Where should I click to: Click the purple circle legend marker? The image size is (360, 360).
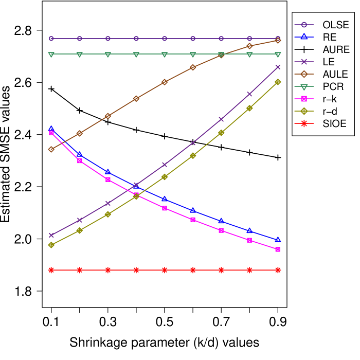tap(304, 25)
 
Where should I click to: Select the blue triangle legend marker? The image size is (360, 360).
tap(304, 37)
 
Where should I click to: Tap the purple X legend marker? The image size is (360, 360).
tap(304, 62)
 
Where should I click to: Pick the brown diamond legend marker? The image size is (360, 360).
tap(304, 74)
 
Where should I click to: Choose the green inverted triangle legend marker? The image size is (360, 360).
tap(304, 87)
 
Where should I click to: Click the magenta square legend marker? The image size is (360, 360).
tap(304, 99)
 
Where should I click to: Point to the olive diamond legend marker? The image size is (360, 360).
tap(304, 111)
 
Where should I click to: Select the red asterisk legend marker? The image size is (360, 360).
tap(304, 123)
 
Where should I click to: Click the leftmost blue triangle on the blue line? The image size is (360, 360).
tap(51, 128)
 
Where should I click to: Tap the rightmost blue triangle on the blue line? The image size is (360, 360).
tap(278, 240)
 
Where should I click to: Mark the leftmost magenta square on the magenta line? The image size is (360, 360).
tap(51, 133)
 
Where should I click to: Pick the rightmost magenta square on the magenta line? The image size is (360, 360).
tap(278, 249)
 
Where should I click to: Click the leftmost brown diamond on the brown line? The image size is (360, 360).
tap(51, 149)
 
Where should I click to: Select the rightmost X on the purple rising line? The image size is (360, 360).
tap(278, 67)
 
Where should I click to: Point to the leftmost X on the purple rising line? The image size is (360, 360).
tap(51, 235)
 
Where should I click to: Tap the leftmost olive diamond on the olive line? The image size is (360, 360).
tap(51, 245)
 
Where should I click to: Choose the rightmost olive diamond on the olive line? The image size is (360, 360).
tap(278, 82)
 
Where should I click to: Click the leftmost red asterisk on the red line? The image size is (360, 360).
tap(51, 270)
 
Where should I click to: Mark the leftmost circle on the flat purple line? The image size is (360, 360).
tap(51, 39)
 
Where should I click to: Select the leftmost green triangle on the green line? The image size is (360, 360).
tap(51, 54)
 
